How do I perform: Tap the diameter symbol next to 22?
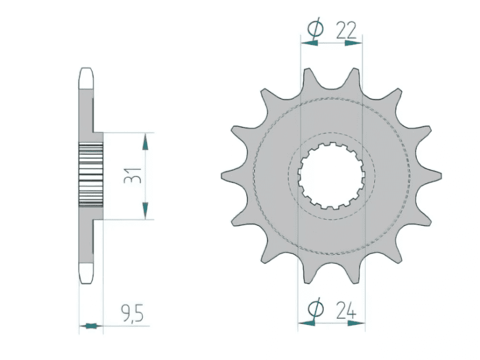[314, 29]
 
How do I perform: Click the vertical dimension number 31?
[131, 175]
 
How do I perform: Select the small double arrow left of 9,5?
[90, 325]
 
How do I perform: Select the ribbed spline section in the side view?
[90, 175]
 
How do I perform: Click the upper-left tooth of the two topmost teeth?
[307, 77]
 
